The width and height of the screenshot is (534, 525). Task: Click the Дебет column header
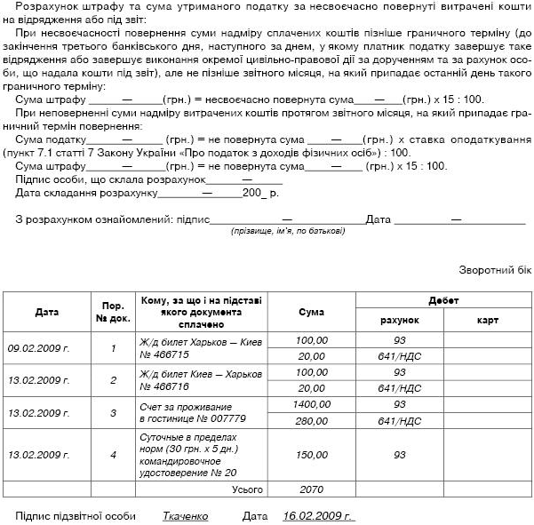pyautogui.click(x=442, y=300)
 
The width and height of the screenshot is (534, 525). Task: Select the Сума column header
pyautogui.click(x=311, y=313)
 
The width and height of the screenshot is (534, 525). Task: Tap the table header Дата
pyautogui.click(x=47, y=313)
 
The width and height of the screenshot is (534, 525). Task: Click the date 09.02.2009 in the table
pyautogui.click(x=38, y=348)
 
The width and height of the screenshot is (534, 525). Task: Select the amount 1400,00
pyautogui.click(x=311, y=404)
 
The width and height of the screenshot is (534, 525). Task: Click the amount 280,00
pyautogui.click(x=311, y=420)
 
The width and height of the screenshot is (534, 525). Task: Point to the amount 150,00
pyautogui.click(x=311, y=455)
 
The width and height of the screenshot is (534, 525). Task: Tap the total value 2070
pyautogui.click(x=311, y=489)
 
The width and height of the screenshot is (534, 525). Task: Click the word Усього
pyautogui.click(x=248, y=489)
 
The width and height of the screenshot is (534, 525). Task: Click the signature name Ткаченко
pyautogui.click(x=185, y=515)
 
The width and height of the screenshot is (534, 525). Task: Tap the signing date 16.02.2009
pyautogui.click(x=317, y=515)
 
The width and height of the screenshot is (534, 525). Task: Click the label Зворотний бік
pyautogui.click(x=495, y=270)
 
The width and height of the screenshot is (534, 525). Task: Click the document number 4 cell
pyautogui.click(x=113, y=455)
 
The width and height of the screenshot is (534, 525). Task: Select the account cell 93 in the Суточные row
pyautogui.click(x=399, y=455)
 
